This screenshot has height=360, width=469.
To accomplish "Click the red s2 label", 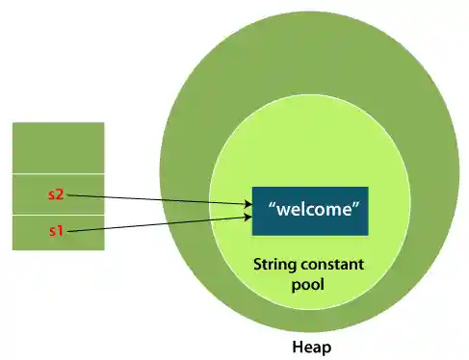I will (56, 195).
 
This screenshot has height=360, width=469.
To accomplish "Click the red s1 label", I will (56, 232).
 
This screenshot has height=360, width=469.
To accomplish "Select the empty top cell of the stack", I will (58, 147).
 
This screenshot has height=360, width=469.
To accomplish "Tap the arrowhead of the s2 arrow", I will (248, 204).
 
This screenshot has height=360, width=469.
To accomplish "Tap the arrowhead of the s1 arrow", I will (248, 219).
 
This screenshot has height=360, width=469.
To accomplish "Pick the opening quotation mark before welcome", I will (273, 206).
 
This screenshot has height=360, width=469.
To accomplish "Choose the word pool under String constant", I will (309, 285).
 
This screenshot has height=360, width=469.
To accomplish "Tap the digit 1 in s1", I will (60, 232).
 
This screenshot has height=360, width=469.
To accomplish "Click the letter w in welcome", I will (284, 210).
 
